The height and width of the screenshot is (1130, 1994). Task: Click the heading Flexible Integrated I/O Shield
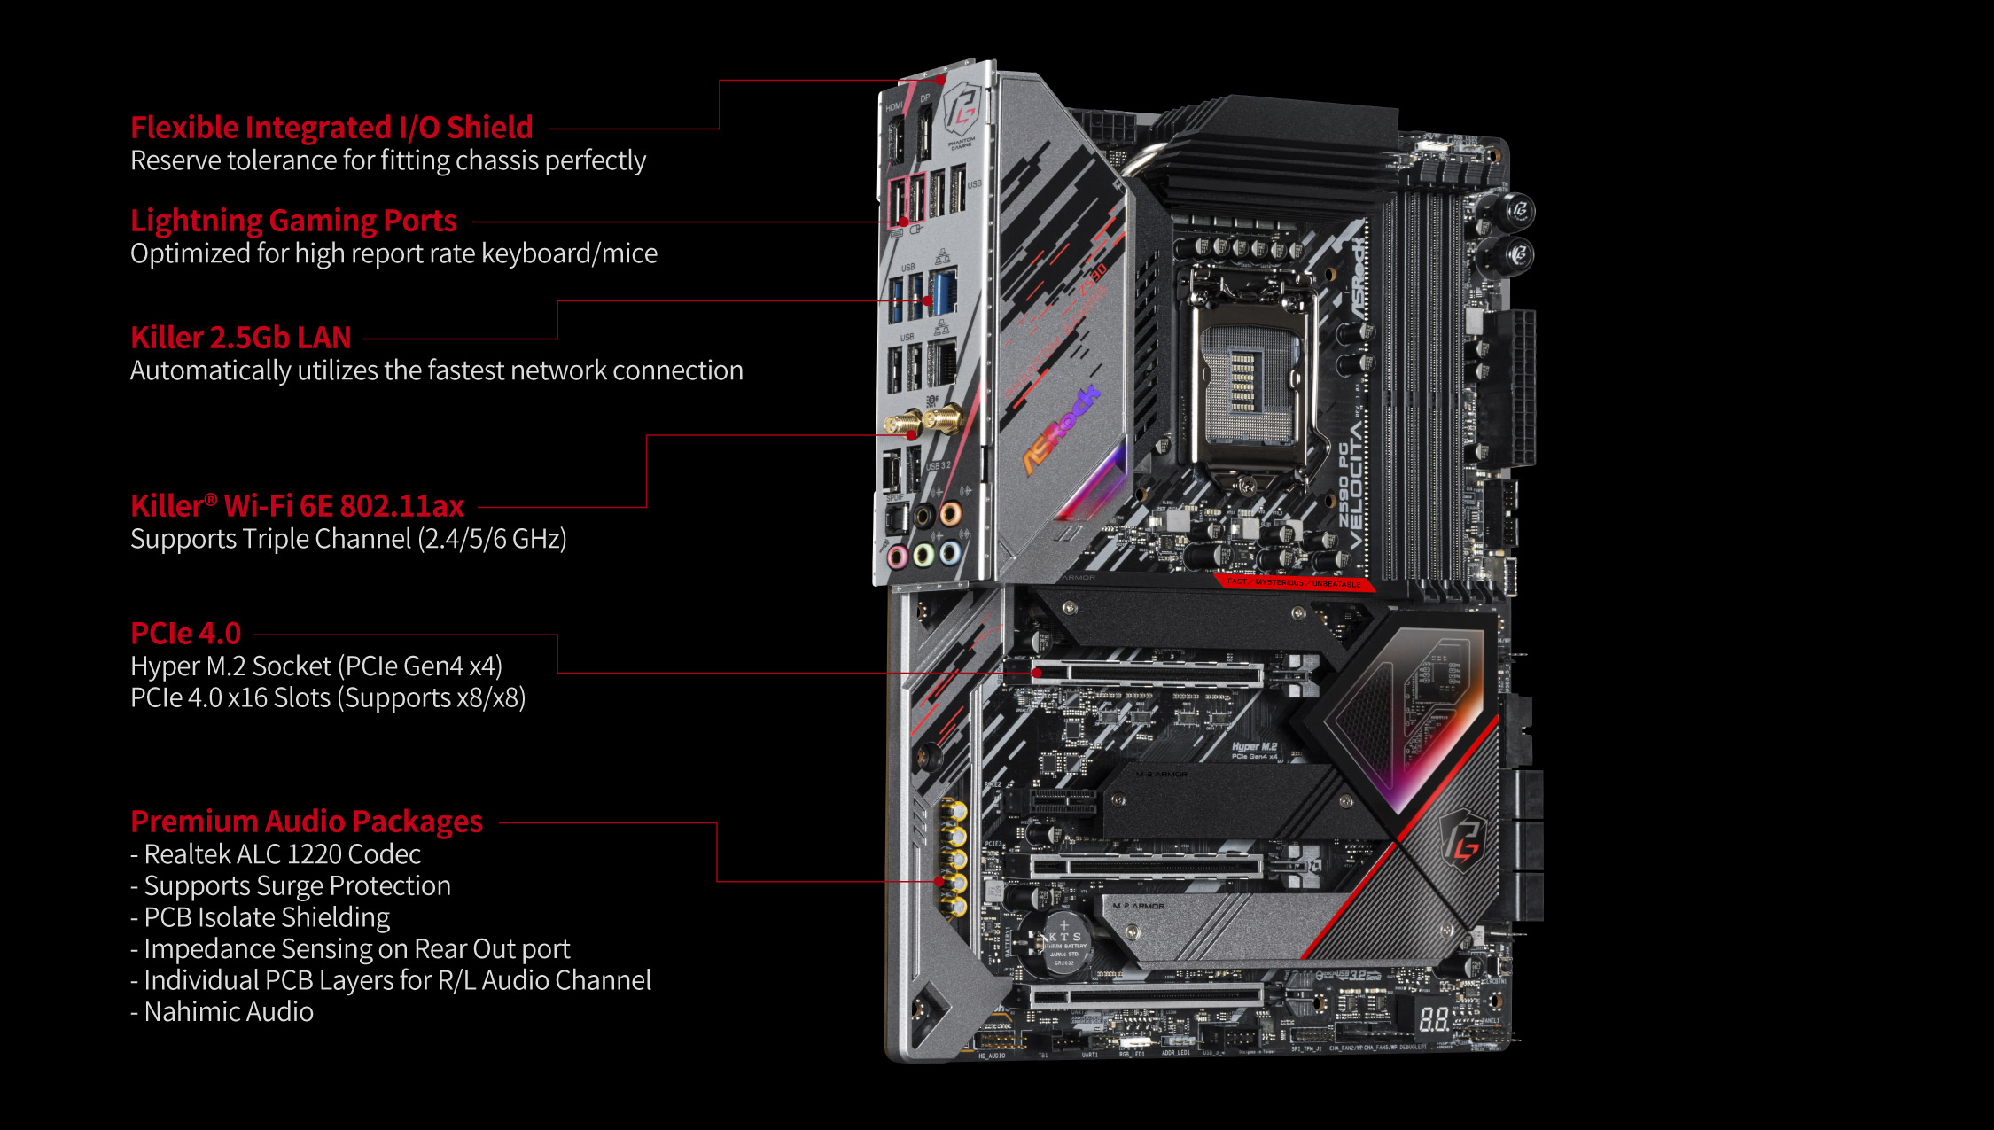(x=331, y=128)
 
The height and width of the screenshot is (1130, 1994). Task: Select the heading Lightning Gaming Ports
(x=293, y=221)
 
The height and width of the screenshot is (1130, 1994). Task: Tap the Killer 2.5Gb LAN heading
(x=241, y=338)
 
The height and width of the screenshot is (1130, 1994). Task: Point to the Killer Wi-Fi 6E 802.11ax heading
(x=297, y=506)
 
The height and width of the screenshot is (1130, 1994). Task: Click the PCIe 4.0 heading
(x=185, y=634)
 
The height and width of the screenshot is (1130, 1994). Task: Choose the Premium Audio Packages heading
(x=307, y=822)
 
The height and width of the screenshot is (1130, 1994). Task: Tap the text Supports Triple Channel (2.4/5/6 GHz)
(x=348, y=539)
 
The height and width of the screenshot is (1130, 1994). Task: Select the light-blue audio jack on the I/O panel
(x=949, y=553)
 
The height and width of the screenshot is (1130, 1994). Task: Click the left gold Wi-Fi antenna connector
(x=903, y=424)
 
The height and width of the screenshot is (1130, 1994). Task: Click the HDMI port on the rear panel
(x=895, y=142)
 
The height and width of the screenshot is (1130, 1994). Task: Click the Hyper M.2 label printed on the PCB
(x=1254, y=747)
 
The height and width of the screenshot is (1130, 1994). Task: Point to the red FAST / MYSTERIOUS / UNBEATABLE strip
(x=1295, y=583)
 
